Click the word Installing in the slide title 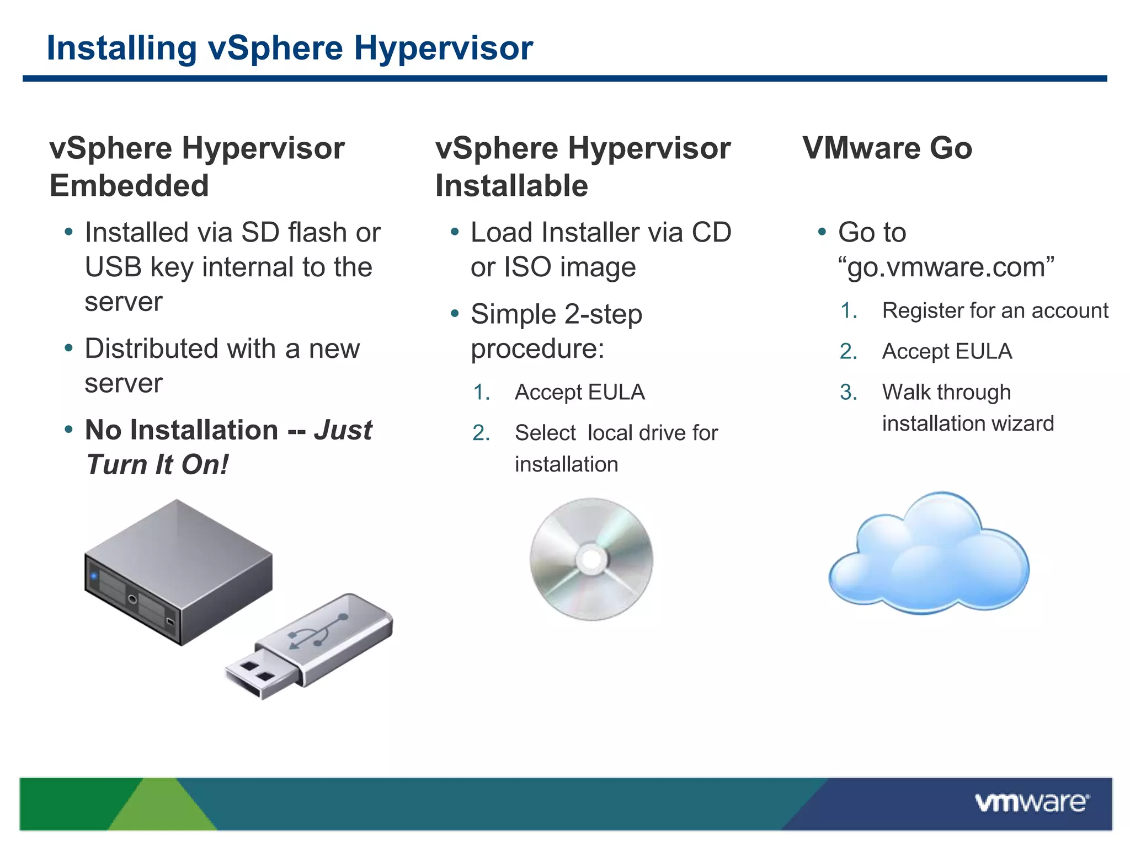(x=121, y=48)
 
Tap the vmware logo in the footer (x=1032, y=802)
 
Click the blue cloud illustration (x=930, y=557)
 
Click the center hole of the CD (x=591, y=559)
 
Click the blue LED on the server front (x=94, y=576)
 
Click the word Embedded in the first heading (x=129, y=185)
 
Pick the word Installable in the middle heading (x=511, y=185)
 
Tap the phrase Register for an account (x=995, y=310)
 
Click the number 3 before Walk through (x=847, y=392)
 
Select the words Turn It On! (x=157, y=464)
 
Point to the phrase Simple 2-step (x=556, y=314)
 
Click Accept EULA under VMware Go (x=947, y=351)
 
